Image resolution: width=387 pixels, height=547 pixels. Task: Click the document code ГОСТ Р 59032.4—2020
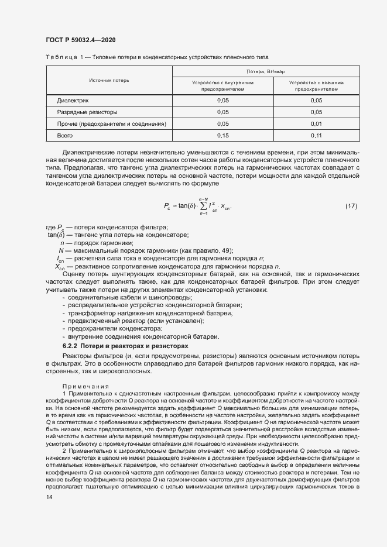[x=80, y=40]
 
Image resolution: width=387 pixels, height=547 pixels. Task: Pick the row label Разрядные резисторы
[x=87, y=112]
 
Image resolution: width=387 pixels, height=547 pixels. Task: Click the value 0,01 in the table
[x=316, y=123]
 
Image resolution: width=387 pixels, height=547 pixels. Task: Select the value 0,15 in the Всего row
[x=222, y=135]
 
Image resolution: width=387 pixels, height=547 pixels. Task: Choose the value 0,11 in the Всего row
[x=316, y=135]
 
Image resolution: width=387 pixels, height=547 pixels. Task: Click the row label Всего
[x=65, y=135]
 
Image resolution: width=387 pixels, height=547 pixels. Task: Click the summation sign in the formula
[x=203, y=206]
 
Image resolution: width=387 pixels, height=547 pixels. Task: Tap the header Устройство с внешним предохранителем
[x=316, y=86]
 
